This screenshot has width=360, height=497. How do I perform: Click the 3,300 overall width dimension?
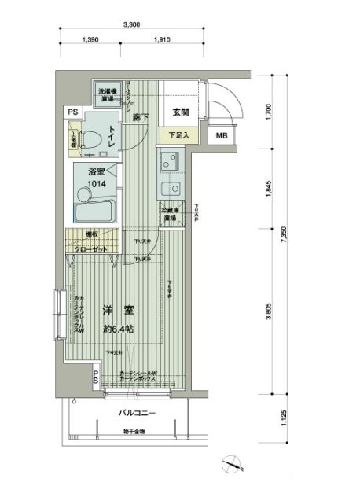(131, 25)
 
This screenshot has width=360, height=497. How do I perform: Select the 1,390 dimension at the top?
(90, 39)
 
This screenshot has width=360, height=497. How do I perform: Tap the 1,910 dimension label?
(163, 39)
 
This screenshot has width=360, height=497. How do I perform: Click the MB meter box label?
(222, 135)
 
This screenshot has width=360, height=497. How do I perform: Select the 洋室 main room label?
(116, 311)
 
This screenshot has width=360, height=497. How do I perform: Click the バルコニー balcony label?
(137, 412)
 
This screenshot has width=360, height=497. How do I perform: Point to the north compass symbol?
(231, 465)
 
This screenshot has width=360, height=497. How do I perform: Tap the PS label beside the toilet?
(72, 112)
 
